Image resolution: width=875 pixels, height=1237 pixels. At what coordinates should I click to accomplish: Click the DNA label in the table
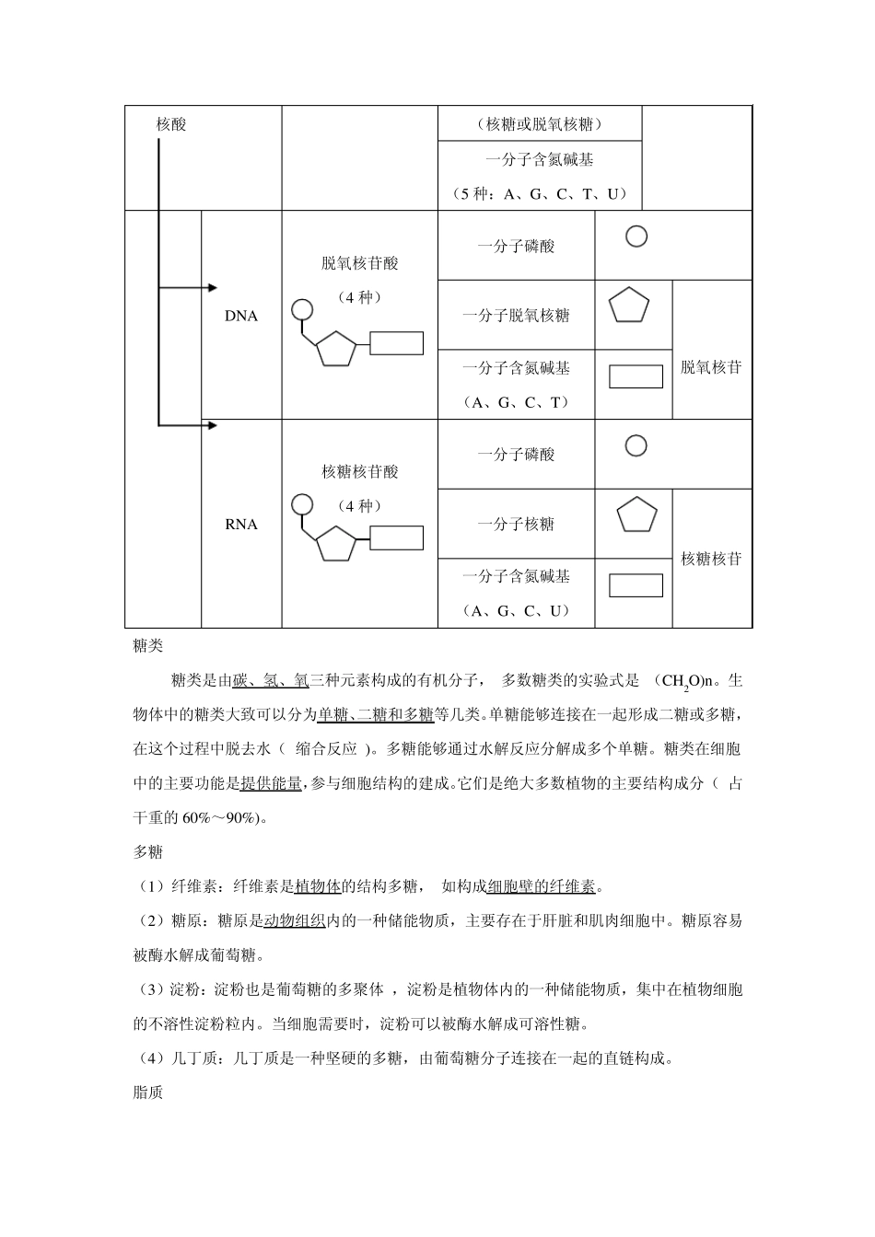pos(241,316)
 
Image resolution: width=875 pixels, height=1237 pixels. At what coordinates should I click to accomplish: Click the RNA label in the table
pos(241,525)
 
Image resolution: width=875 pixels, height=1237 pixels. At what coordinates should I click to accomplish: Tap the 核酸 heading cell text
pos(171,124)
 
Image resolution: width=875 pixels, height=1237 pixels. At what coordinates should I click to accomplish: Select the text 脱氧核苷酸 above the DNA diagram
pos(360,263)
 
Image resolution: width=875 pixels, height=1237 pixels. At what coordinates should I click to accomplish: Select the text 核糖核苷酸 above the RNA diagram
pos(360,472)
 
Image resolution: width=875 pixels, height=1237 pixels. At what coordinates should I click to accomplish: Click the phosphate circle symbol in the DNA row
pos(636,237)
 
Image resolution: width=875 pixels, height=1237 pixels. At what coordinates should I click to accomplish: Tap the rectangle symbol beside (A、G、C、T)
pos(636,376)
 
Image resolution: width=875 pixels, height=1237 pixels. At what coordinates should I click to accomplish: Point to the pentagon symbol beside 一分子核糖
pos(636,515)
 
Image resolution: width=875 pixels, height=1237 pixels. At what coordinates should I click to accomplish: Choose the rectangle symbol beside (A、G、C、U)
pos(636,585)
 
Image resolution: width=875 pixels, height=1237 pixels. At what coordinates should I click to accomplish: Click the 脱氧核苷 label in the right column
pos(711,367)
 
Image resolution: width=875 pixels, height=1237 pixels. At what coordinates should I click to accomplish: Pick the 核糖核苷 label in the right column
pos(711,559)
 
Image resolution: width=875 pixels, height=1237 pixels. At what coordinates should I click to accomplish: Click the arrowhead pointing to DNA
pos(213,288)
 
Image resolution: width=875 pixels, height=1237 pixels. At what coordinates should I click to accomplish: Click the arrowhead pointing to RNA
pos(213,425)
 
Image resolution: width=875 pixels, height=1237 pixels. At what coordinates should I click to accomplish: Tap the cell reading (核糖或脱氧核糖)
pos(540,124)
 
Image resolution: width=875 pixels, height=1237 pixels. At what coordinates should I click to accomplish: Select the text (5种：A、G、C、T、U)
pos(540,193)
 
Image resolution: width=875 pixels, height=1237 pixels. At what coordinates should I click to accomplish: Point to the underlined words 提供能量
pos(271,783)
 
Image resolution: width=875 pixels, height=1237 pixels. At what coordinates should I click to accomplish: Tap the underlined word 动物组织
pos(295,920)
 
